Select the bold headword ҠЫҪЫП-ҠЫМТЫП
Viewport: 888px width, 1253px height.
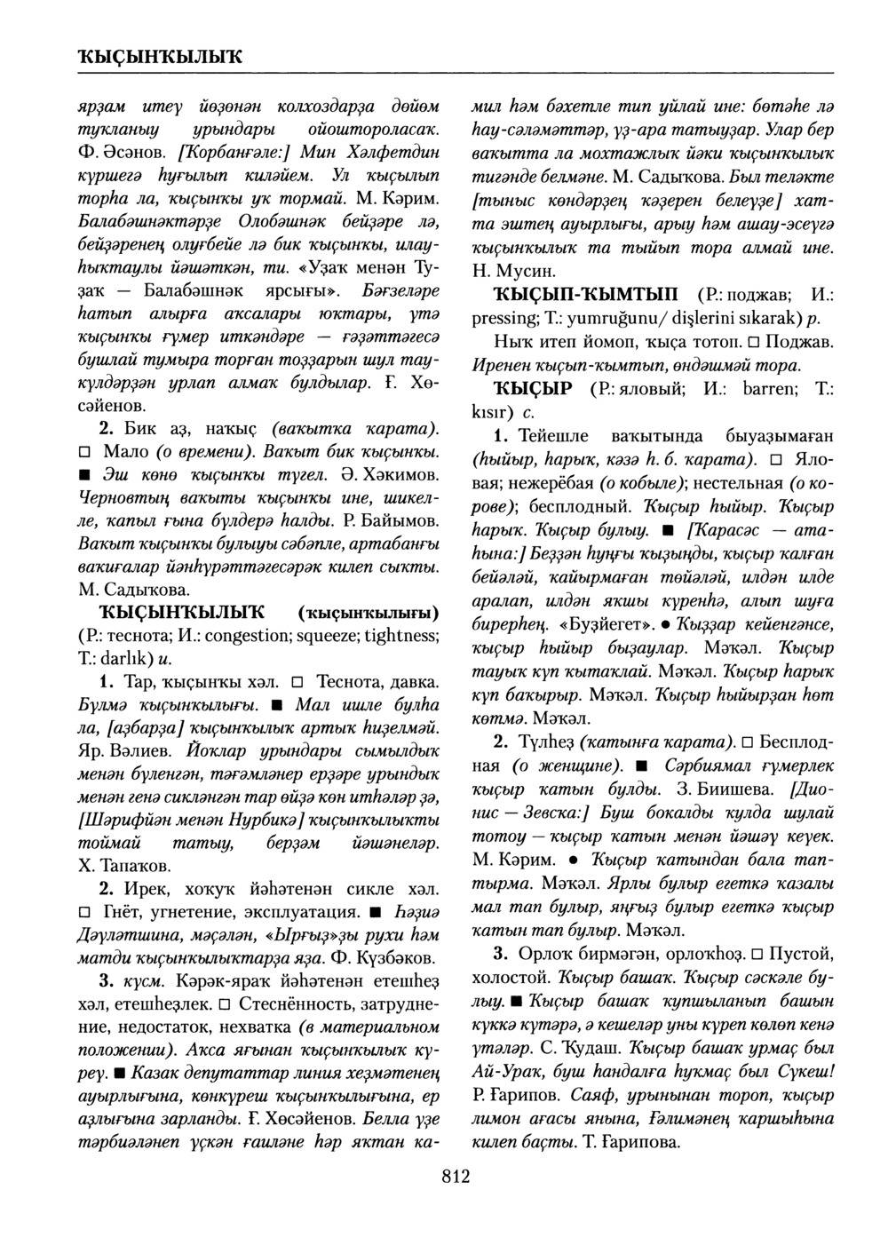coord(589,294)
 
